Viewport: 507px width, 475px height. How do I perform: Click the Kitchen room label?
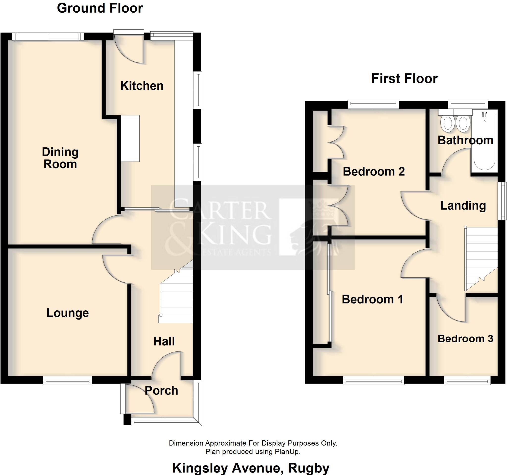[142, 86]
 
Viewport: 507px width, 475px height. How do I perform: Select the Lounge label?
[68, 313]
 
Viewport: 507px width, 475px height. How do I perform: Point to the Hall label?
[164, 341]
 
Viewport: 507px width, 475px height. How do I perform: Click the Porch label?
[161, 390]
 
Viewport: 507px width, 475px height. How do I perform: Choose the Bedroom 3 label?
[465, 339]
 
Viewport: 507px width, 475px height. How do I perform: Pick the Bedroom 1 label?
[372, 299]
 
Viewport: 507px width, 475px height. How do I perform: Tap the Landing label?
[463, 206]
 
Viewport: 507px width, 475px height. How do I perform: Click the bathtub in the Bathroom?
[484, 141]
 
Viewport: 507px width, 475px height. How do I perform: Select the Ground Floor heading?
[100, 8]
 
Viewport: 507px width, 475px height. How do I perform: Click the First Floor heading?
[404, 78]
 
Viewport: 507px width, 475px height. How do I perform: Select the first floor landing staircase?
[481, 257]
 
